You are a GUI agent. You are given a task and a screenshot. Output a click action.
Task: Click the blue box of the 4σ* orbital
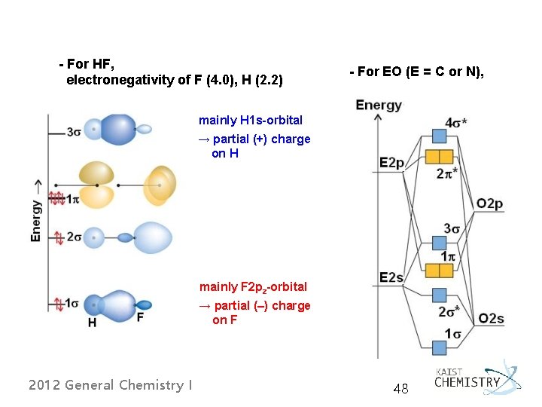pyautogui.click(x=440, y=136)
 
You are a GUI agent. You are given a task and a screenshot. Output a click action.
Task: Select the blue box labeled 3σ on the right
pyautogui.click(x=440, y=243)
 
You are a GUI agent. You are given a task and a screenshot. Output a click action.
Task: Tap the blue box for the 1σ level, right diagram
pyautogui.click(x=440, y=347)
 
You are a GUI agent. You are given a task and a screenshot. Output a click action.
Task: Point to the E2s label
pyautogui.click(x=392, y=278)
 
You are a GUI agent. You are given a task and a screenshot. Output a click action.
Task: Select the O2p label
pyautogui.click(x=489, y=203)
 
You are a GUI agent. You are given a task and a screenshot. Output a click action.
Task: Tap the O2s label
pyautogui.click(x=490, y=318)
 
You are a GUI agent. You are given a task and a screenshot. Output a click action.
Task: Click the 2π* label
pyautogui.click(x=448, y=173)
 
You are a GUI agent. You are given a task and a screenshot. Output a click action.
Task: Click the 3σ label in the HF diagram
pyautogui.click(x=74, y=132)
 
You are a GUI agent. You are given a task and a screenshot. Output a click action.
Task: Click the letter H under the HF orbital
pyautogui.click(x=92, y=323)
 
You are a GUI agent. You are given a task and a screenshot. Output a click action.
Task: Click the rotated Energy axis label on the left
pyautogui.click(x=36, y=211)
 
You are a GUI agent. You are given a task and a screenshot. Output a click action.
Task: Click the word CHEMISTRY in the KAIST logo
pyautogui.click(x=467, y=382)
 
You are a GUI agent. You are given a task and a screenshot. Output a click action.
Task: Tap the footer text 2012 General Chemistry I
pyautogui.click(x=110, y=385)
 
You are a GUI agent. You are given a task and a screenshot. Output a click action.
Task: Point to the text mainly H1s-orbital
pyautogui.click(x=251, y=120)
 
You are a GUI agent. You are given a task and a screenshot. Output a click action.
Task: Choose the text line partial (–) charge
pyautogui.click(x=254, y=305)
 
